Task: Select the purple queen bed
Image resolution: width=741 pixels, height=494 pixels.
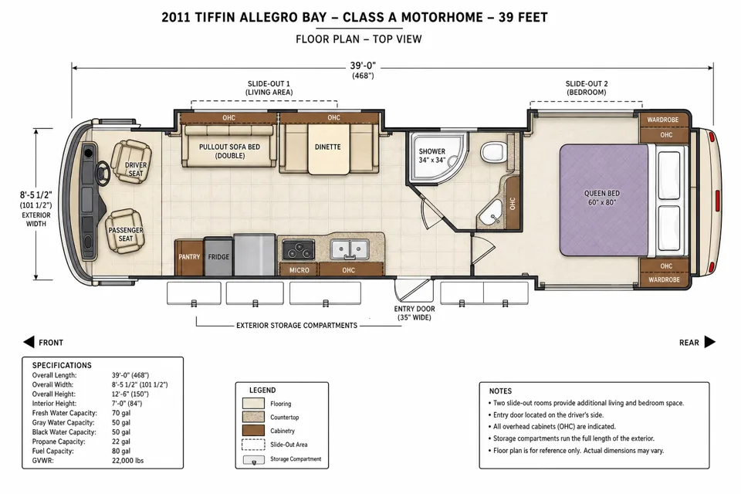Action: point(604,200)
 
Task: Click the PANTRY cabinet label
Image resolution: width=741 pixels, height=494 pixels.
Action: point(189,257)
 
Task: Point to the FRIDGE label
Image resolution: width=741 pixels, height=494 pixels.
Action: point(218,257)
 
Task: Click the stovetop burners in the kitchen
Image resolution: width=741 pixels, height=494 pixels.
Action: point(298,250)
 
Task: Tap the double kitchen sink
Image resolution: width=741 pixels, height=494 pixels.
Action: point(350,249)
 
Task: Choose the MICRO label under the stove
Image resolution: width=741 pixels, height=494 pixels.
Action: point(299,270)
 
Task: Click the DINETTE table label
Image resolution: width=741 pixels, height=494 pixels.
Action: point(327,147)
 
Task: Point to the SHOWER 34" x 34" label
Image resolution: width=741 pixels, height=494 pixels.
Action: point(432,155)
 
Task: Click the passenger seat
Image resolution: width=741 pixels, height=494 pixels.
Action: point(125,231)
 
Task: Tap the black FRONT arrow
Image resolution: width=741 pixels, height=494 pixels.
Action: point(29,342)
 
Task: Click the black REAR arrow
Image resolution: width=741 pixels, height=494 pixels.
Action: point(710,342)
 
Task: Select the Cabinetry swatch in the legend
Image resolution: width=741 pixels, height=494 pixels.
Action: point(253,431)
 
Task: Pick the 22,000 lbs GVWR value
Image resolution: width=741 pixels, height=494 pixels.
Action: point(127,461)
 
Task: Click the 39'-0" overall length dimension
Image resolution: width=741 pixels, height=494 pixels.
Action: point(363,66)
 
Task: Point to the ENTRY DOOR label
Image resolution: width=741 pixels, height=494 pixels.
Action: point(414,309)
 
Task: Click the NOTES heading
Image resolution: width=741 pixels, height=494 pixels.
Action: point(500,391)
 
